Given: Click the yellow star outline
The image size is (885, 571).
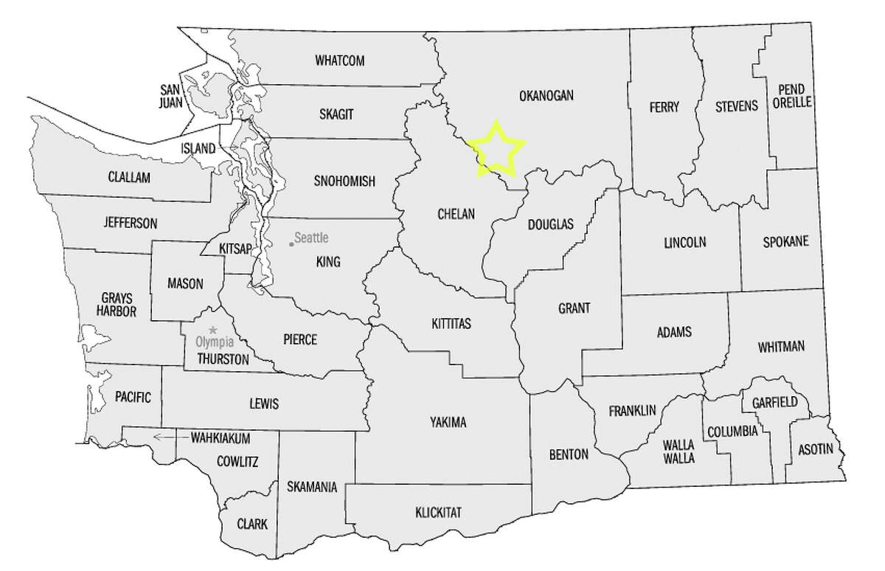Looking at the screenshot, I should coord(496,148).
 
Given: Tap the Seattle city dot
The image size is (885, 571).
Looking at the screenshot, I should coord(291,243).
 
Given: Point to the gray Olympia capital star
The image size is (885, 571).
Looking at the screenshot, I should coord(214,329).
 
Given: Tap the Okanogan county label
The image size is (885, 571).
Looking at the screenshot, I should coord(546,96).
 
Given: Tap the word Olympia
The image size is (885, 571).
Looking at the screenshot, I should coord(212,342).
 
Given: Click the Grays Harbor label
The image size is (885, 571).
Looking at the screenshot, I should coord(117,305).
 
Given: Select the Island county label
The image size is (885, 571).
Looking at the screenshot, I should coord(199,148).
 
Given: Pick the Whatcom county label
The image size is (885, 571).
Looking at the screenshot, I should coord(340,60).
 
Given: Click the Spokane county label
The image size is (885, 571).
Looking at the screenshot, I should coord(785,241).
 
